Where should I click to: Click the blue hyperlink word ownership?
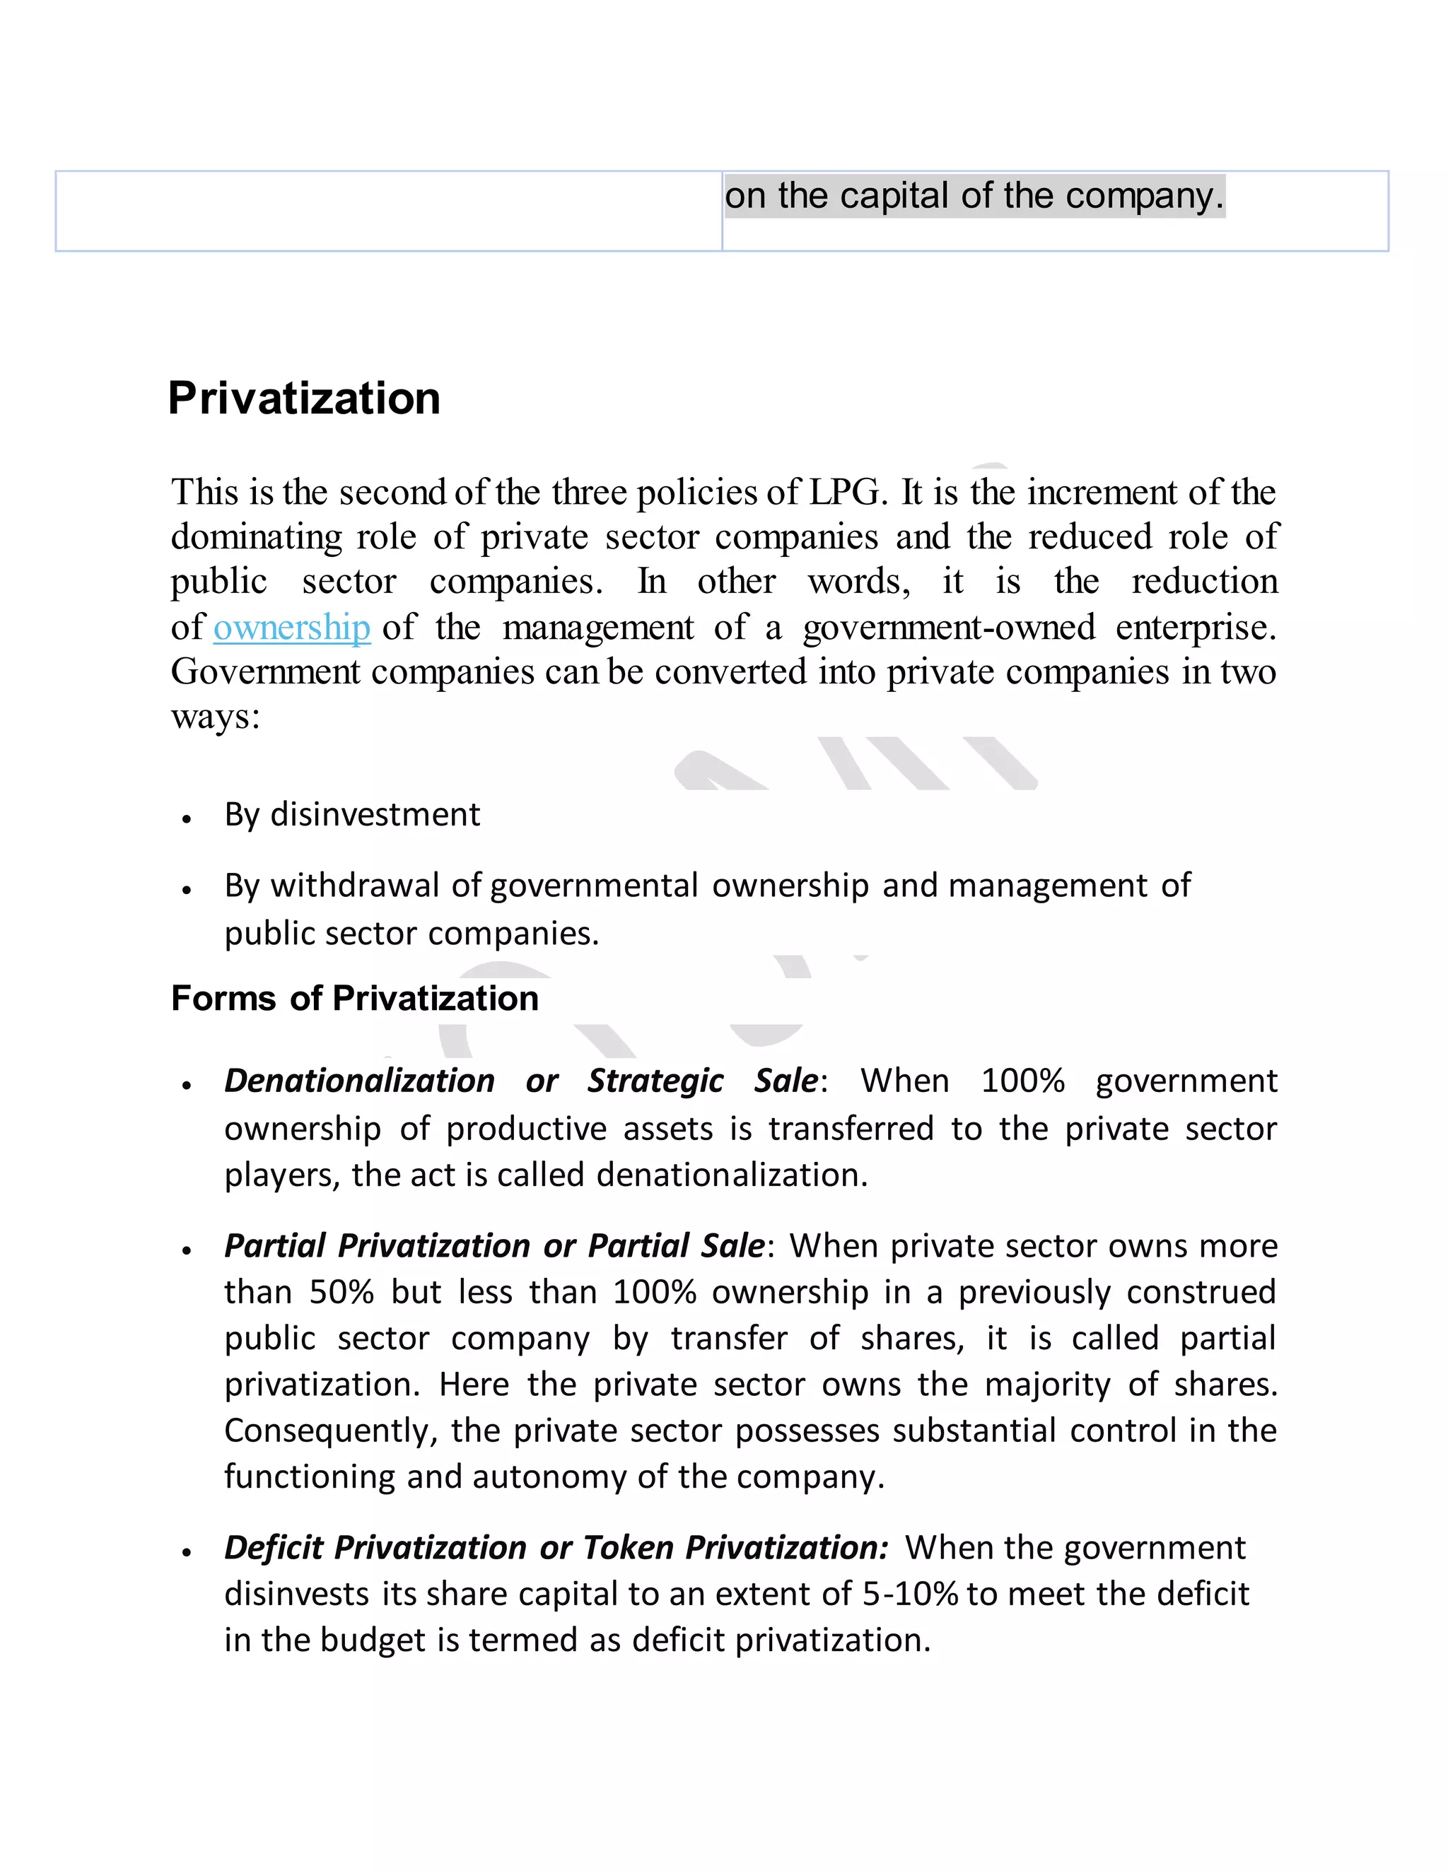[292, 627]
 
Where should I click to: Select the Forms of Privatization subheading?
[354, 998]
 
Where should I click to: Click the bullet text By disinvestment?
[351, 814]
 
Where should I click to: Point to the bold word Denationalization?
[359, 1081]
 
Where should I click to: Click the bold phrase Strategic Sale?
[703, 1081]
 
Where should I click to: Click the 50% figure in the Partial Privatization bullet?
[341, 1291]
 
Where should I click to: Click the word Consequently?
[331, 1431]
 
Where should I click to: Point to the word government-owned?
[949, 627]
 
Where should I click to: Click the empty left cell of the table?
[389, 211]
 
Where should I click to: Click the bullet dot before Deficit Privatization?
[186, 1551]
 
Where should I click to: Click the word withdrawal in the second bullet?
[355, 885]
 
